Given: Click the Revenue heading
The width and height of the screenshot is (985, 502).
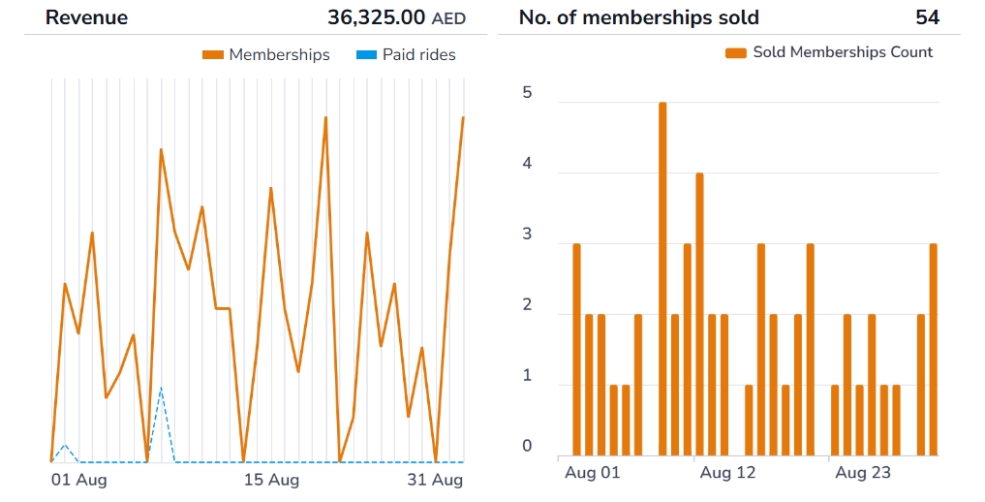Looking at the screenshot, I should (x=86, y=17).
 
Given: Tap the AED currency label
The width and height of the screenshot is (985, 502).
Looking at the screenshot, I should (x=448, y=18).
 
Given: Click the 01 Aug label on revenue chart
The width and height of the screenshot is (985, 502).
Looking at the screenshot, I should (x=78, y=480).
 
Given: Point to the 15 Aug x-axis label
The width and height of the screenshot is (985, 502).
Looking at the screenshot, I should (x=271, y=480).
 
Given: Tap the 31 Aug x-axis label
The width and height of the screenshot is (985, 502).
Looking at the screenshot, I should (x=435, y=480).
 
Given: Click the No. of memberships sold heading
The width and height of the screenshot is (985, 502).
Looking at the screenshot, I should (x=638, y=17).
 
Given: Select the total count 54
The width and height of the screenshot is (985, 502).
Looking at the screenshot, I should (x=927, y=17).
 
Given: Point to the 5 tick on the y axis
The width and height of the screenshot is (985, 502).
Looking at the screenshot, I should (x=527, y=93).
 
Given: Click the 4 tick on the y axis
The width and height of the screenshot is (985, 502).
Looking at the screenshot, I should (x=527, y=164).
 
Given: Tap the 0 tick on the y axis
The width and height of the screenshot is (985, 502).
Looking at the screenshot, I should (x=527, y=446).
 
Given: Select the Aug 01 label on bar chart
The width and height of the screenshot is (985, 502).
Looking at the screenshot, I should (x=592, y=473).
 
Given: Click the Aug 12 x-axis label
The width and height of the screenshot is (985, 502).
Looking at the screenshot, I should (x=727, y=473).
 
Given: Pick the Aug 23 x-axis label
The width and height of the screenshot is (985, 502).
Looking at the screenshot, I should (x=862, y=473).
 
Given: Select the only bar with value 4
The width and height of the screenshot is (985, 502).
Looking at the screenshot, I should (x=699, y=314).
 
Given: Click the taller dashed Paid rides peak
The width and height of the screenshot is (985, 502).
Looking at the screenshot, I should (x=161, y=389).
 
